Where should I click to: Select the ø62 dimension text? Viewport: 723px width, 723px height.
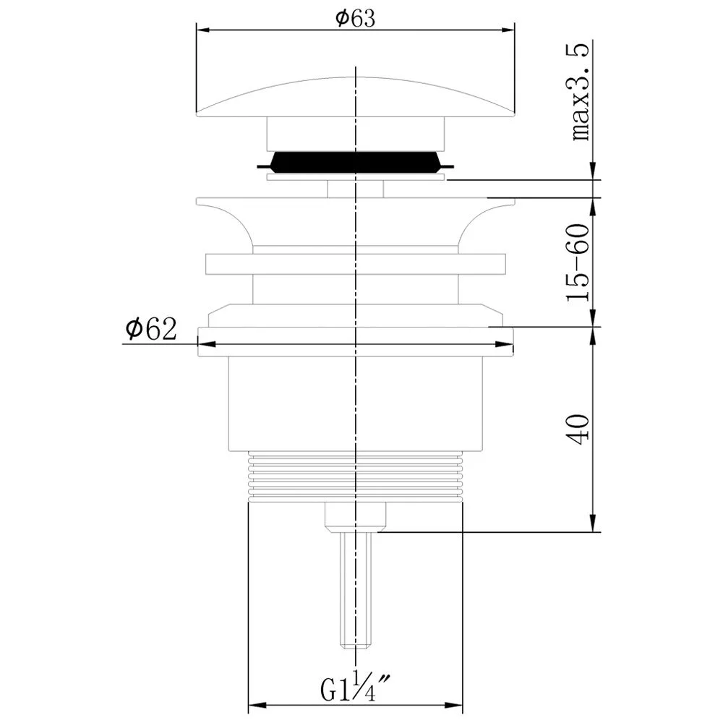[151, 329]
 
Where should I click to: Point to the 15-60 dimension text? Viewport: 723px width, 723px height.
[578, 262]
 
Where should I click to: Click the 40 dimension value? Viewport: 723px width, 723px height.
[578, 429]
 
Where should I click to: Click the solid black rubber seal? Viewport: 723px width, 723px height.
[356, 162]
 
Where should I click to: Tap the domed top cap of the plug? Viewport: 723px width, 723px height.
[356, 96]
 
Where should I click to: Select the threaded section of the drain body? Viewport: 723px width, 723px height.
[355, 476]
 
